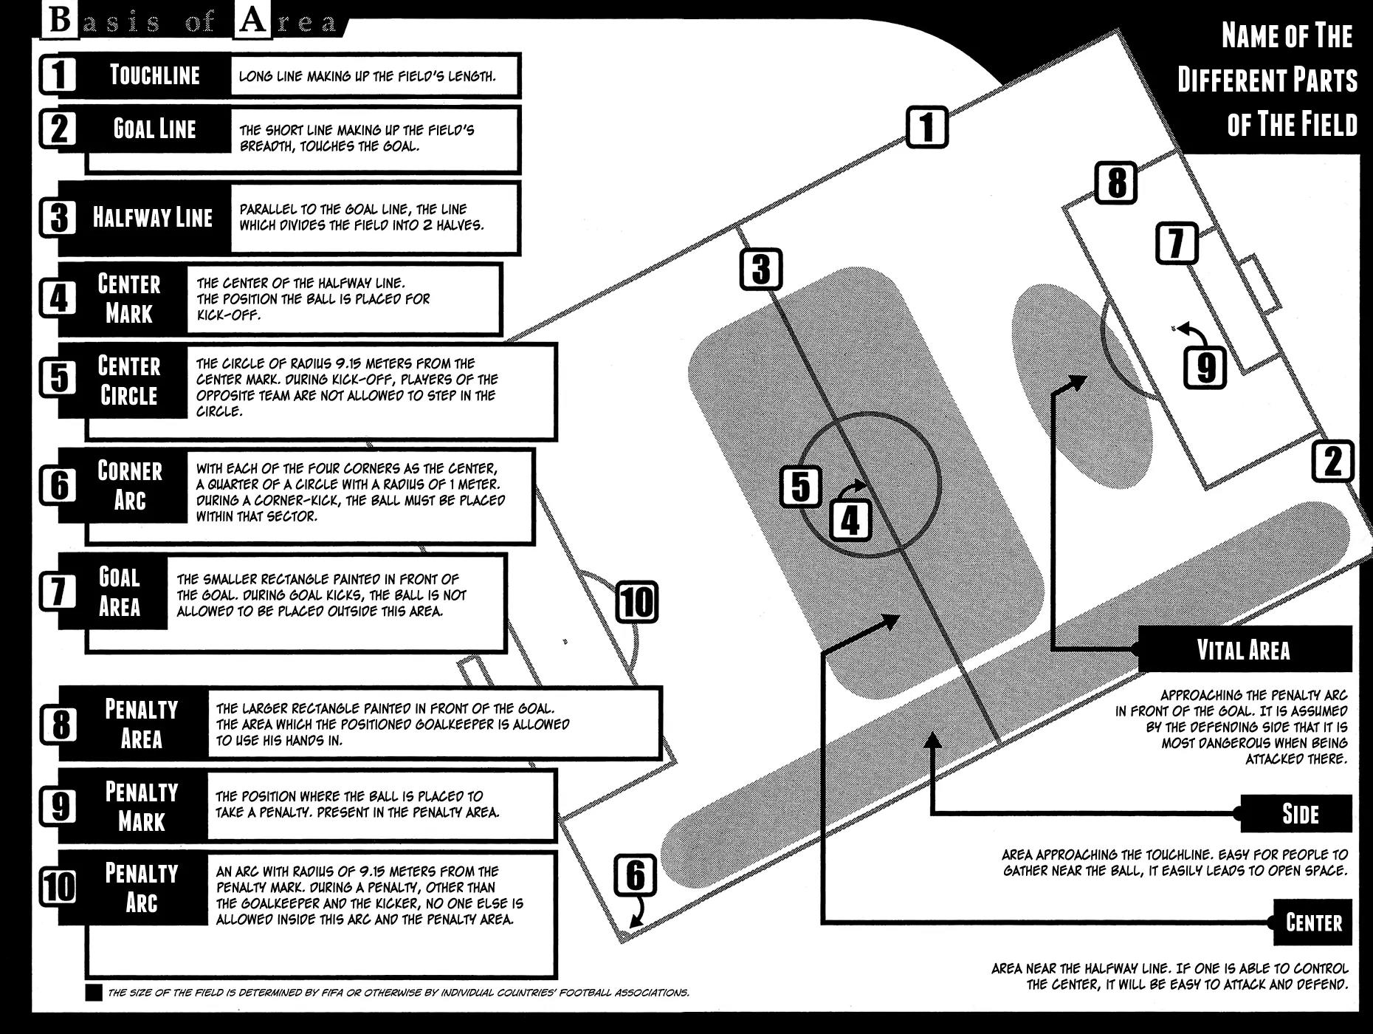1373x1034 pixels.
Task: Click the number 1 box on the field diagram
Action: click(x=926, y=128)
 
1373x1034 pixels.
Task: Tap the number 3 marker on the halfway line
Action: click(x=761, y=270)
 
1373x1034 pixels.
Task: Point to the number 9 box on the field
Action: click(x=1205, y=367)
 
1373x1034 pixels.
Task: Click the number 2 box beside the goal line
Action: click(x=1332, y=462)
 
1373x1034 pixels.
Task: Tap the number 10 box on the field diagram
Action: click(x=636, y=602)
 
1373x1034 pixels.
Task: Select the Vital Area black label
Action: click(x=1244, y=650)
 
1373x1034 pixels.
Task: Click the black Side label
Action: click(x=1299, y=814)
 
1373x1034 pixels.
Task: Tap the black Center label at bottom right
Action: click(x=1313, y=922)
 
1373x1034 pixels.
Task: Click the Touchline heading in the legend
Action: click(x=154, y=75)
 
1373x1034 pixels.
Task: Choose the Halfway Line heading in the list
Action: click(x=152, y=218)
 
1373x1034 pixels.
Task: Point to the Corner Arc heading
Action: click(x=129, y=485)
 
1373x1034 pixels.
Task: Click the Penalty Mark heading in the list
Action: click(x=141, y=807)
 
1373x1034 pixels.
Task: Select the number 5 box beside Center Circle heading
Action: click(x=58, y=378)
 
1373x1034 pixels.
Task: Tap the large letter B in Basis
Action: click(x=58, y=21)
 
